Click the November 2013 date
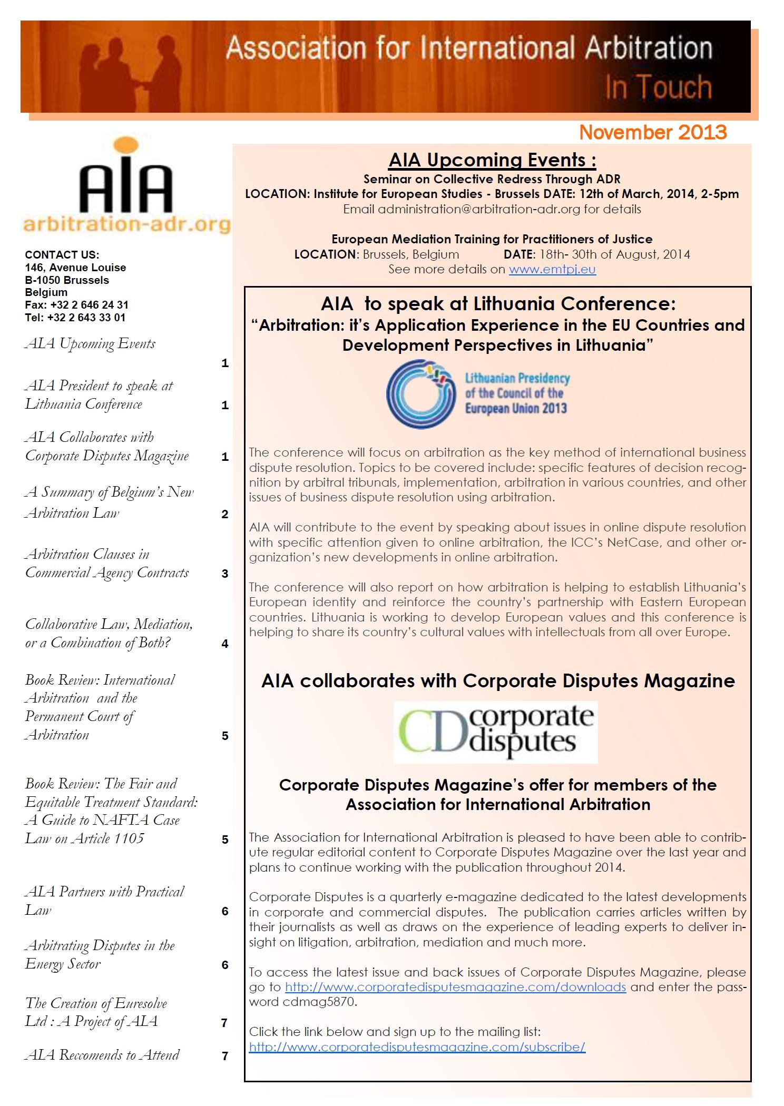pyautogui.click(x=653, y=132)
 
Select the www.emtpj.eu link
pyautogui.click(x=552, y=270)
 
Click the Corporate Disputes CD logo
pyautogui.click(x=495, y=732)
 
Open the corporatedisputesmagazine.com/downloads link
pyautogui.click(x=455, y=987)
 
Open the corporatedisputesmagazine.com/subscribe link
pyautogui.click(x=417, y=1046)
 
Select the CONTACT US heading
pyautogui.click(x=62, y=255)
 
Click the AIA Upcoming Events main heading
pyautogui.click(x=492, y=160)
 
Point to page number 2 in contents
pyautogui.click(x=225, y=514)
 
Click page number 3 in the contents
pyautogui.click(x=225, y=574)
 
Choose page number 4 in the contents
pyautogui.click(x=225, y=644)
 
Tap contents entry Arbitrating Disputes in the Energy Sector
pyautogui.click(x=100, y=954)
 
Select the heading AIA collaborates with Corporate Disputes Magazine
pyautogui.click(x=498, y=681)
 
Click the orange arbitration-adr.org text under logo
pyautogui.click(x=126, y=224)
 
